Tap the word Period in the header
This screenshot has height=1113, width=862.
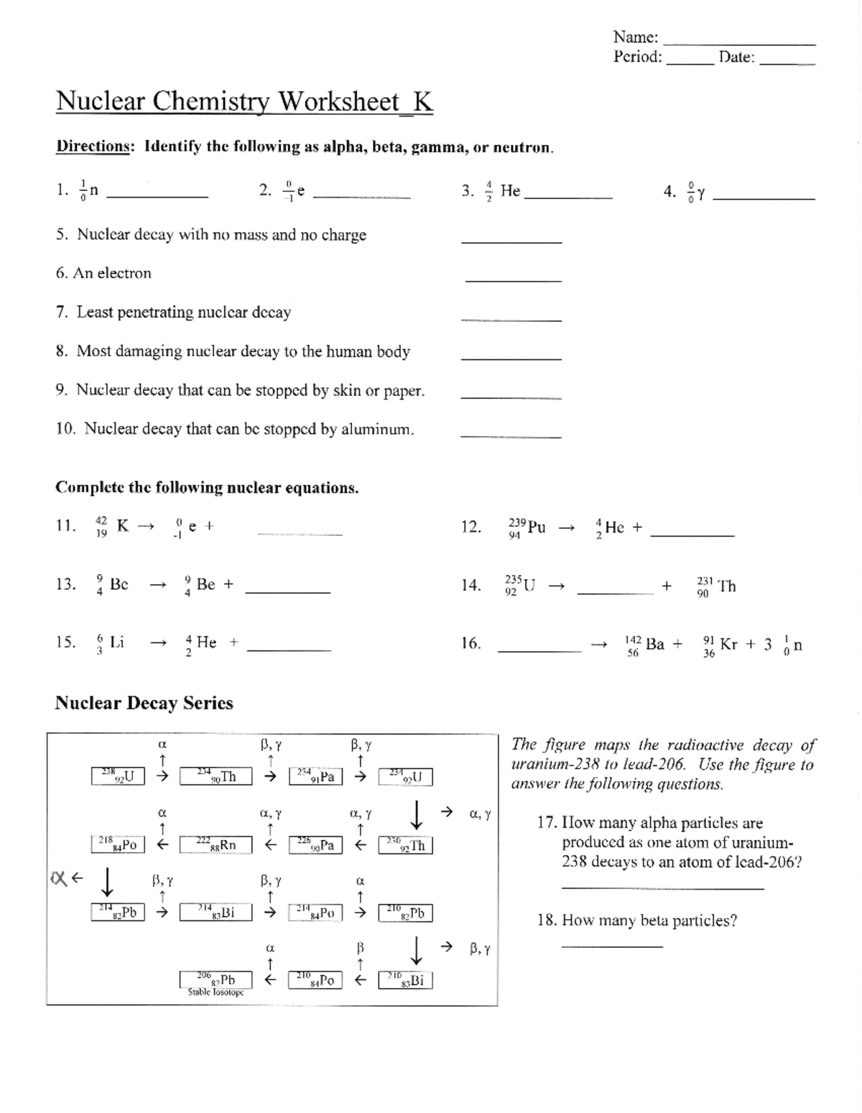coord(636,57)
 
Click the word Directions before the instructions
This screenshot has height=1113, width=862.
coord(93,147)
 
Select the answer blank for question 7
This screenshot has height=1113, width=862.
coord(511,319)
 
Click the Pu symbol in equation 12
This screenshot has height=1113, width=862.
coord(536,527)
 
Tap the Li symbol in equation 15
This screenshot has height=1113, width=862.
coord(116,642)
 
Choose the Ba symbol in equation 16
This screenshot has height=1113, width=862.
coord(654,644)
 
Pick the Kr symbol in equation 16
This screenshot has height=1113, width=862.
coord(728,644)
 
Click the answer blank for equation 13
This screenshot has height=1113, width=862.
coord(287,591)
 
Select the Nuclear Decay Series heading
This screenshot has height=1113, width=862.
coord(144,703)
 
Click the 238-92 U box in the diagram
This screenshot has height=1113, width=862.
coord(118,777)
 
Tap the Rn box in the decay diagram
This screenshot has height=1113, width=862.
coord(216,845)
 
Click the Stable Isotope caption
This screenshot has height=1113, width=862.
coord(215,992)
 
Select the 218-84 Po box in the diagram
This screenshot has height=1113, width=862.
coord(118,845)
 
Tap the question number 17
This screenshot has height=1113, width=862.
coord(548,823)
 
